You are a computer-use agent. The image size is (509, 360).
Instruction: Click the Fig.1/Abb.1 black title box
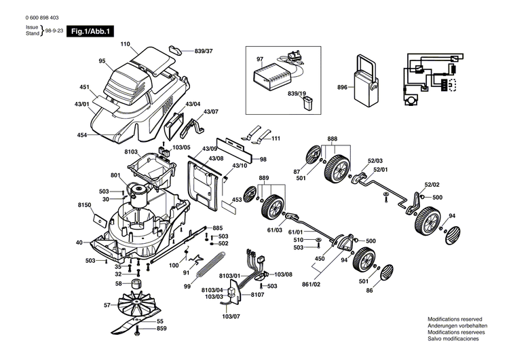point(90,31)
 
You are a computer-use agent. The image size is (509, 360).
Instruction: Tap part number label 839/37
point(204,51)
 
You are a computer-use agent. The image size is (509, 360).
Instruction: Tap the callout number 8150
point(84,205)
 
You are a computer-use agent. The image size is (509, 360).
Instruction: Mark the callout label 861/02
point(311,284)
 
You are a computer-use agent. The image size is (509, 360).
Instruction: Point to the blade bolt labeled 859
point(137,331)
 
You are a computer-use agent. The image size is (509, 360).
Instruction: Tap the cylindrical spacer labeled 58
point(136,284)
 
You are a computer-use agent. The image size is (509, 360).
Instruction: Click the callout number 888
point(332,139)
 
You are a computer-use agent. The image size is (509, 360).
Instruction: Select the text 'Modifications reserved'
point(455,319)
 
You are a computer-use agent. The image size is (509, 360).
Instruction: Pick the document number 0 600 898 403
point(42,18)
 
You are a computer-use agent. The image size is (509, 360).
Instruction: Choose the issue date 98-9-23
point(54,30)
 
